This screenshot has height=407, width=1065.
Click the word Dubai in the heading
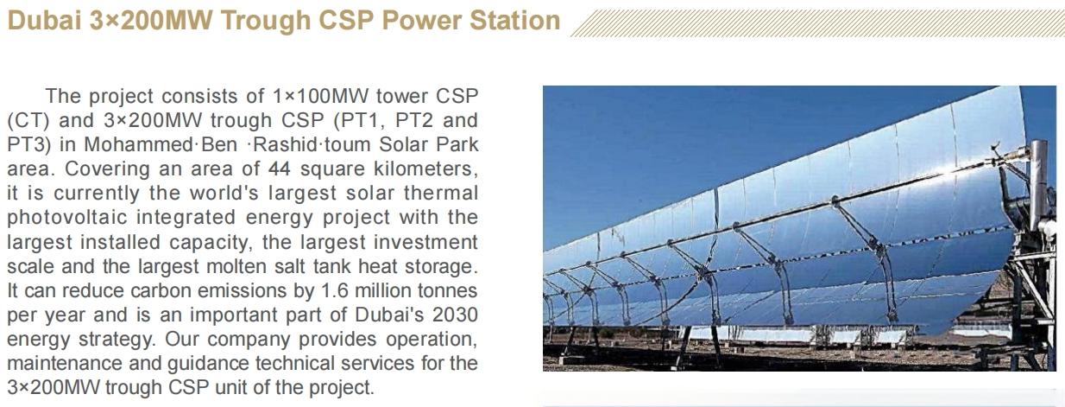coord(44,21)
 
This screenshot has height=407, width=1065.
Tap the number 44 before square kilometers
coord(279,169)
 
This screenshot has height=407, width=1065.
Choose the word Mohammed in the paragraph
coord(139,144)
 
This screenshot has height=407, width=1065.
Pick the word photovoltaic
coord(67,218)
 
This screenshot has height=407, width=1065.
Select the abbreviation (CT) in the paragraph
coord(28,120)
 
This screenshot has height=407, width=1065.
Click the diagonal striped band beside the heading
coord(817,22)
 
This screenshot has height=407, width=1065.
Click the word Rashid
coord(286,144)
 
